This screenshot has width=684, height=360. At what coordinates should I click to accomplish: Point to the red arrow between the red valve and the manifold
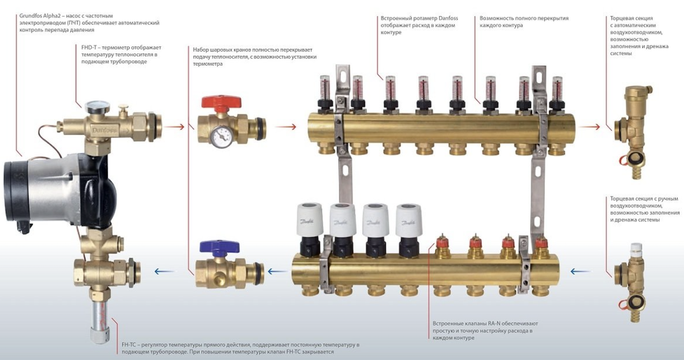tap(286, 126)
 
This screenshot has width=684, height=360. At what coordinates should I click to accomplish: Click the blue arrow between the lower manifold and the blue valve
tap(277, 271)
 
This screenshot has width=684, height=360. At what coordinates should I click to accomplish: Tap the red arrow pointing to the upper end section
tap(589, 126)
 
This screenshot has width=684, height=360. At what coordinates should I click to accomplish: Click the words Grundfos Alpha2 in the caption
tap(38, 16)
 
